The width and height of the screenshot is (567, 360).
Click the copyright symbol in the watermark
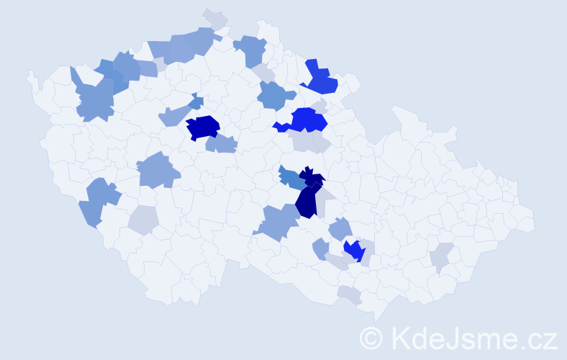[371, 338]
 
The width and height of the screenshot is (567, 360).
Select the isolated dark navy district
[202, 127]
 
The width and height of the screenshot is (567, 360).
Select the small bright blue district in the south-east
[354, 251]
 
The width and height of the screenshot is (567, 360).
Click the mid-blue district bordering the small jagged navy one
[290, 179]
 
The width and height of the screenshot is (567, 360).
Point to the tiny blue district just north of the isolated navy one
[196, 102]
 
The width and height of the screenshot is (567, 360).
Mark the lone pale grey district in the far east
[441, 257]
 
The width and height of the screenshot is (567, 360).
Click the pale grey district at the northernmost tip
[214, 18]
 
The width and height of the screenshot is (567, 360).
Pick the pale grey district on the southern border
[350, 294]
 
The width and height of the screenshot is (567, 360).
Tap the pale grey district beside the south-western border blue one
[143, 220]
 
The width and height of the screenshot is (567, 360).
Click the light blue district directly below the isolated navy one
[221, 144]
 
